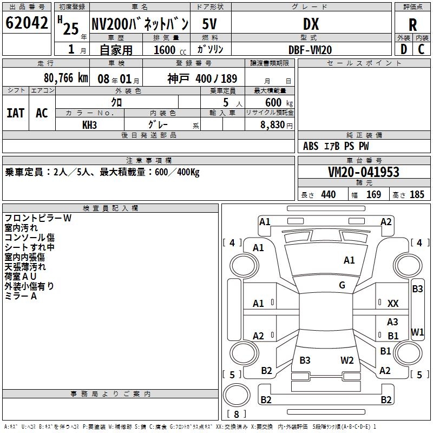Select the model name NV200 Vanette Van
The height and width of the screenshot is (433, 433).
[140, 24]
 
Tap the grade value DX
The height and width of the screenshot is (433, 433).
[311, 24]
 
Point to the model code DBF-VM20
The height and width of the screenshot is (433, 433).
[310, 50]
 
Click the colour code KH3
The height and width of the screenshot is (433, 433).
[89, 124]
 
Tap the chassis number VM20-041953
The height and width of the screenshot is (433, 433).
[364, 172]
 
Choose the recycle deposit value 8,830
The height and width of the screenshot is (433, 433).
[274, 124]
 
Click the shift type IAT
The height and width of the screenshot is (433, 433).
[15, 113]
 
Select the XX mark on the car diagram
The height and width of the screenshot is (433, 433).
[393, 304]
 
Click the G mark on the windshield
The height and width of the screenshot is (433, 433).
[342, 285]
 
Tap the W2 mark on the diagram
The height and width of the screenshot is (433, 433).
[347, 360]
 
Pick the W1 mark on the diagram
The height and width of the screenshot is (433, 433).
[417, 331]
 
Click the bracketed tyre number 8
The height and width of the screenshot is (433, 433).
[237, 414]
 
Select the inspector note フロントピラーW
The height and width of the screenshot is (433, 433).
[38, 218]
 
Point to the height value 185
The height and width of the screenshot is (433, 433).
[417, 195]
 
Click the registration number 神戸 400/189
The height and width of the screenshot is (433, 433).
[202, 78]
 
